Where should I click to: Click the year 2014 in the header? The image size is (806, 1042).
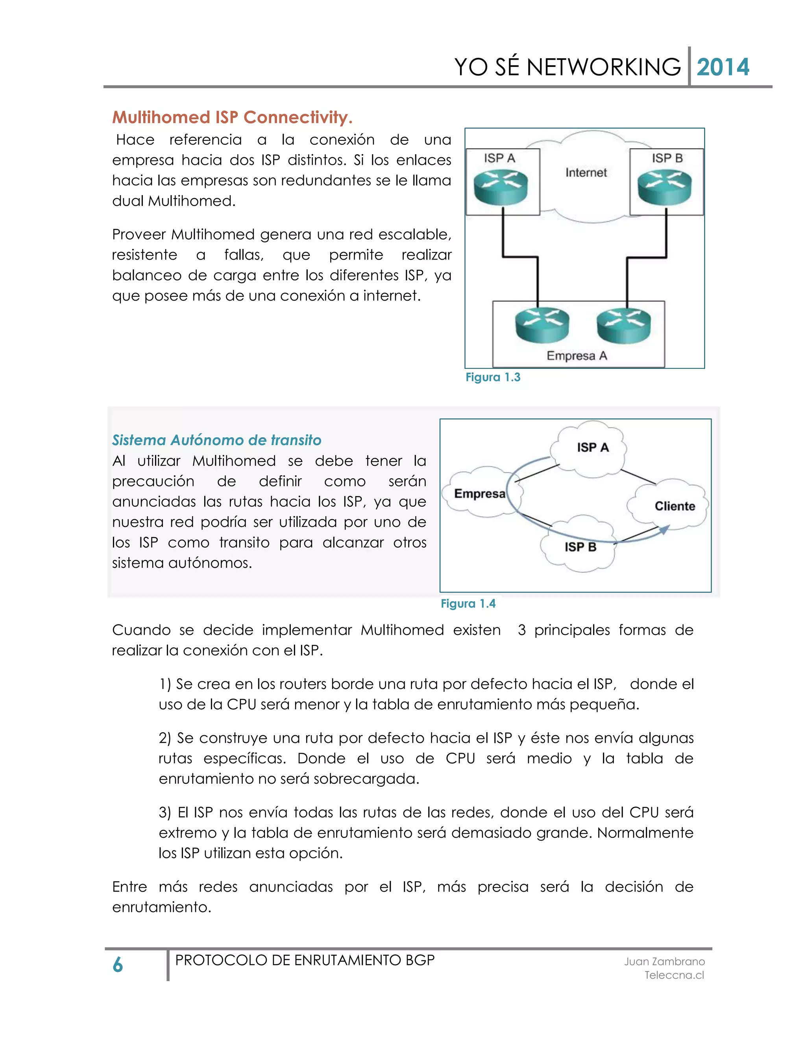click(x=723, y=67)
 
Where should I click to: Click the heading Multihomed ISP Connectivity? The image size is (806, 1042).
click(x=232, y=117)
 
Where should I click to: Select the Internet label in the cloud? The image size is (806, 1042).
click(x=586, y=173)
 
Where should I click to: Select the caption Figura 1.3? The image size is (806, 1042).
click(x=493, y=377)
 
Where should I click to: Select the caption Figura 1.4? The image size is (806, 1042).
click(x=468, y=604)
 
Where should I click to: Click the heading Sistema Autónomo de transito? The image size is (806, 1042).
click(x=216, y=440)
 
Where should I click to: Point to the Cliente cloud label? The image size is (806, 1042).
click(x=674, y=506)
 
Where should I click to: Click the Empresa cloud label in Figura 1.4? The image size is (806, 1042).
click(x=479, y=494)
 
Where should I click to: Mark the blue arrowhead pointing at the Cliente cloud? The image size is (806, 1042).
click(x=664, y=529)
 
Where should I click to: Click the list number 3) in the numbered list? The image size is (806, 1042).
click(x=165, y=812)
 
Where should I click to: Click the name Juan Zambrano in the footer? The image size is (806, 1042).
click(x=664, y=962)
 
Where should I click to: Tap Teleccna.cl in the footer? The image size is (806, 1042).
click(x=674, y=975)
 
